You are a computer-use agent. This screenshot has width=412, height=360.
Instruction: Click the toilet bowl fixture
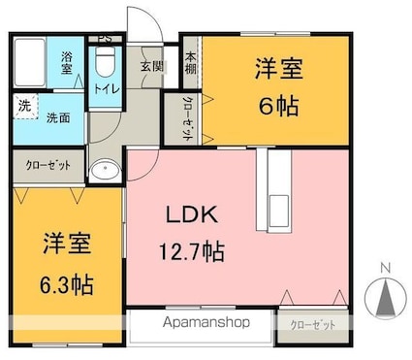105,63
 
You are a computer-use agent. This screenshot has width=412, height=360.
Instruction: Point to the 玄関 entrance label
151,66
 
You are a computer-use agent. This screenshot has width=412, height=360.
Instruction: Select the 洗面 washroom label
58,117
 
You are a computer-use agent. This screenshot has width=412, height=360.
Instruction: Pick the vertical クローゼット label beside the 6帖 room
187,117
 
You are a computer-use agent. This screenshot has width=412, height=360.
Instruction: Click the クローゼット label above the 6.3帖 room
48,166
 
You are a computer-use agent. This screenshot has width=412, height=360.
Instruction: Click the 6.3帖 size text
67,284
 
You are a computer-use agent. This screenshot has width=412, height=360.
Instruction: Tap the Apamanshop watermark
201,322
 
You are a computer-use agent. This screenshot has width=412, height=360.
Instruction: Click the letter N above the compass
385,267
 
